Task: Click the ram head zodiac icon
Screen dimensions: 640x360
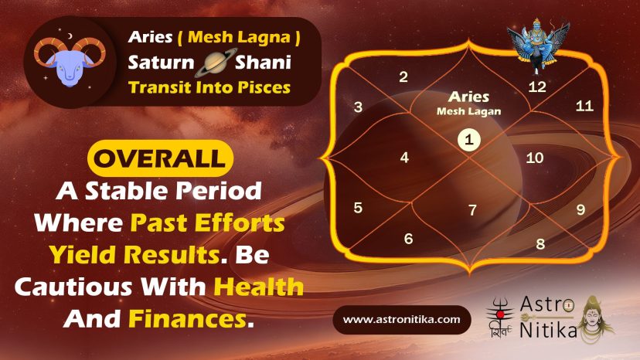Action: pos(70,61)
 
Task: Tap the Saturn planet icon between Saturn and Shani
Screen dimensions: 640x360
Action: pos(215,63)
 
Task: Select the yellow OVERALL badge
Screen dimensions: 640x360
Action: pos(160,158)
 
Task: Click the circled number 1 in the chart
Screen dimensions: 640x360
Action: pos(468,140)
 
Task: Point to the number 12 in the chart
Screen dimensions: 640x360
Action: pos(536,87)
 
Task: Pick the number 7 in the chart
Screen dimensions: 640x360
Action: pos(472,210)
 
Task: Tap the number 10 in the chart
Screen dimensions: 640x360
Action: pos(534,158)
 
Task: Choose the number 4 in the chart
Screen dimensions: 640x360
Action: pos(404,158)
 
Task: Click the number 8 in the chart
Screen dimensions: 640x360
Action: pos(540,244)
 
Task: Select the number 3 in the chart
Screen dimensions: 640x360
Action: pos(358,107)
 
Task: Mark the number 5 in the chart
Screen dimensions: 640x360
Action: pos(358,208)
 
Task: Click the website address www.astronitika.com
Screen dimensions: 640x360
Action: pos(402,319)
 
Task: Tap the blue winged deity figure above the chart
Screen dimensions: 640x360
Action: pos(538,46)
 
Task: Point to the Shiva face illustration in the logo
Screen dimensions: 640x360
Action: pos(594,318)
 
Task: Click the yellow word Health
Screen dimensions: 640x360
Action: pos(259,287)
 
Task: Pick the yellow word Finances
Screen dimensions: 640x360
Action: pos(188,319)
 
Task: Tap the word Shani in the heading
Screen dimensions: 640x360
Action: pos(263,63)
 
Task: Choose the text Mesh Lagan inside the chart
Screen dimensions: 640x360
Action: pos(468,111)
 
